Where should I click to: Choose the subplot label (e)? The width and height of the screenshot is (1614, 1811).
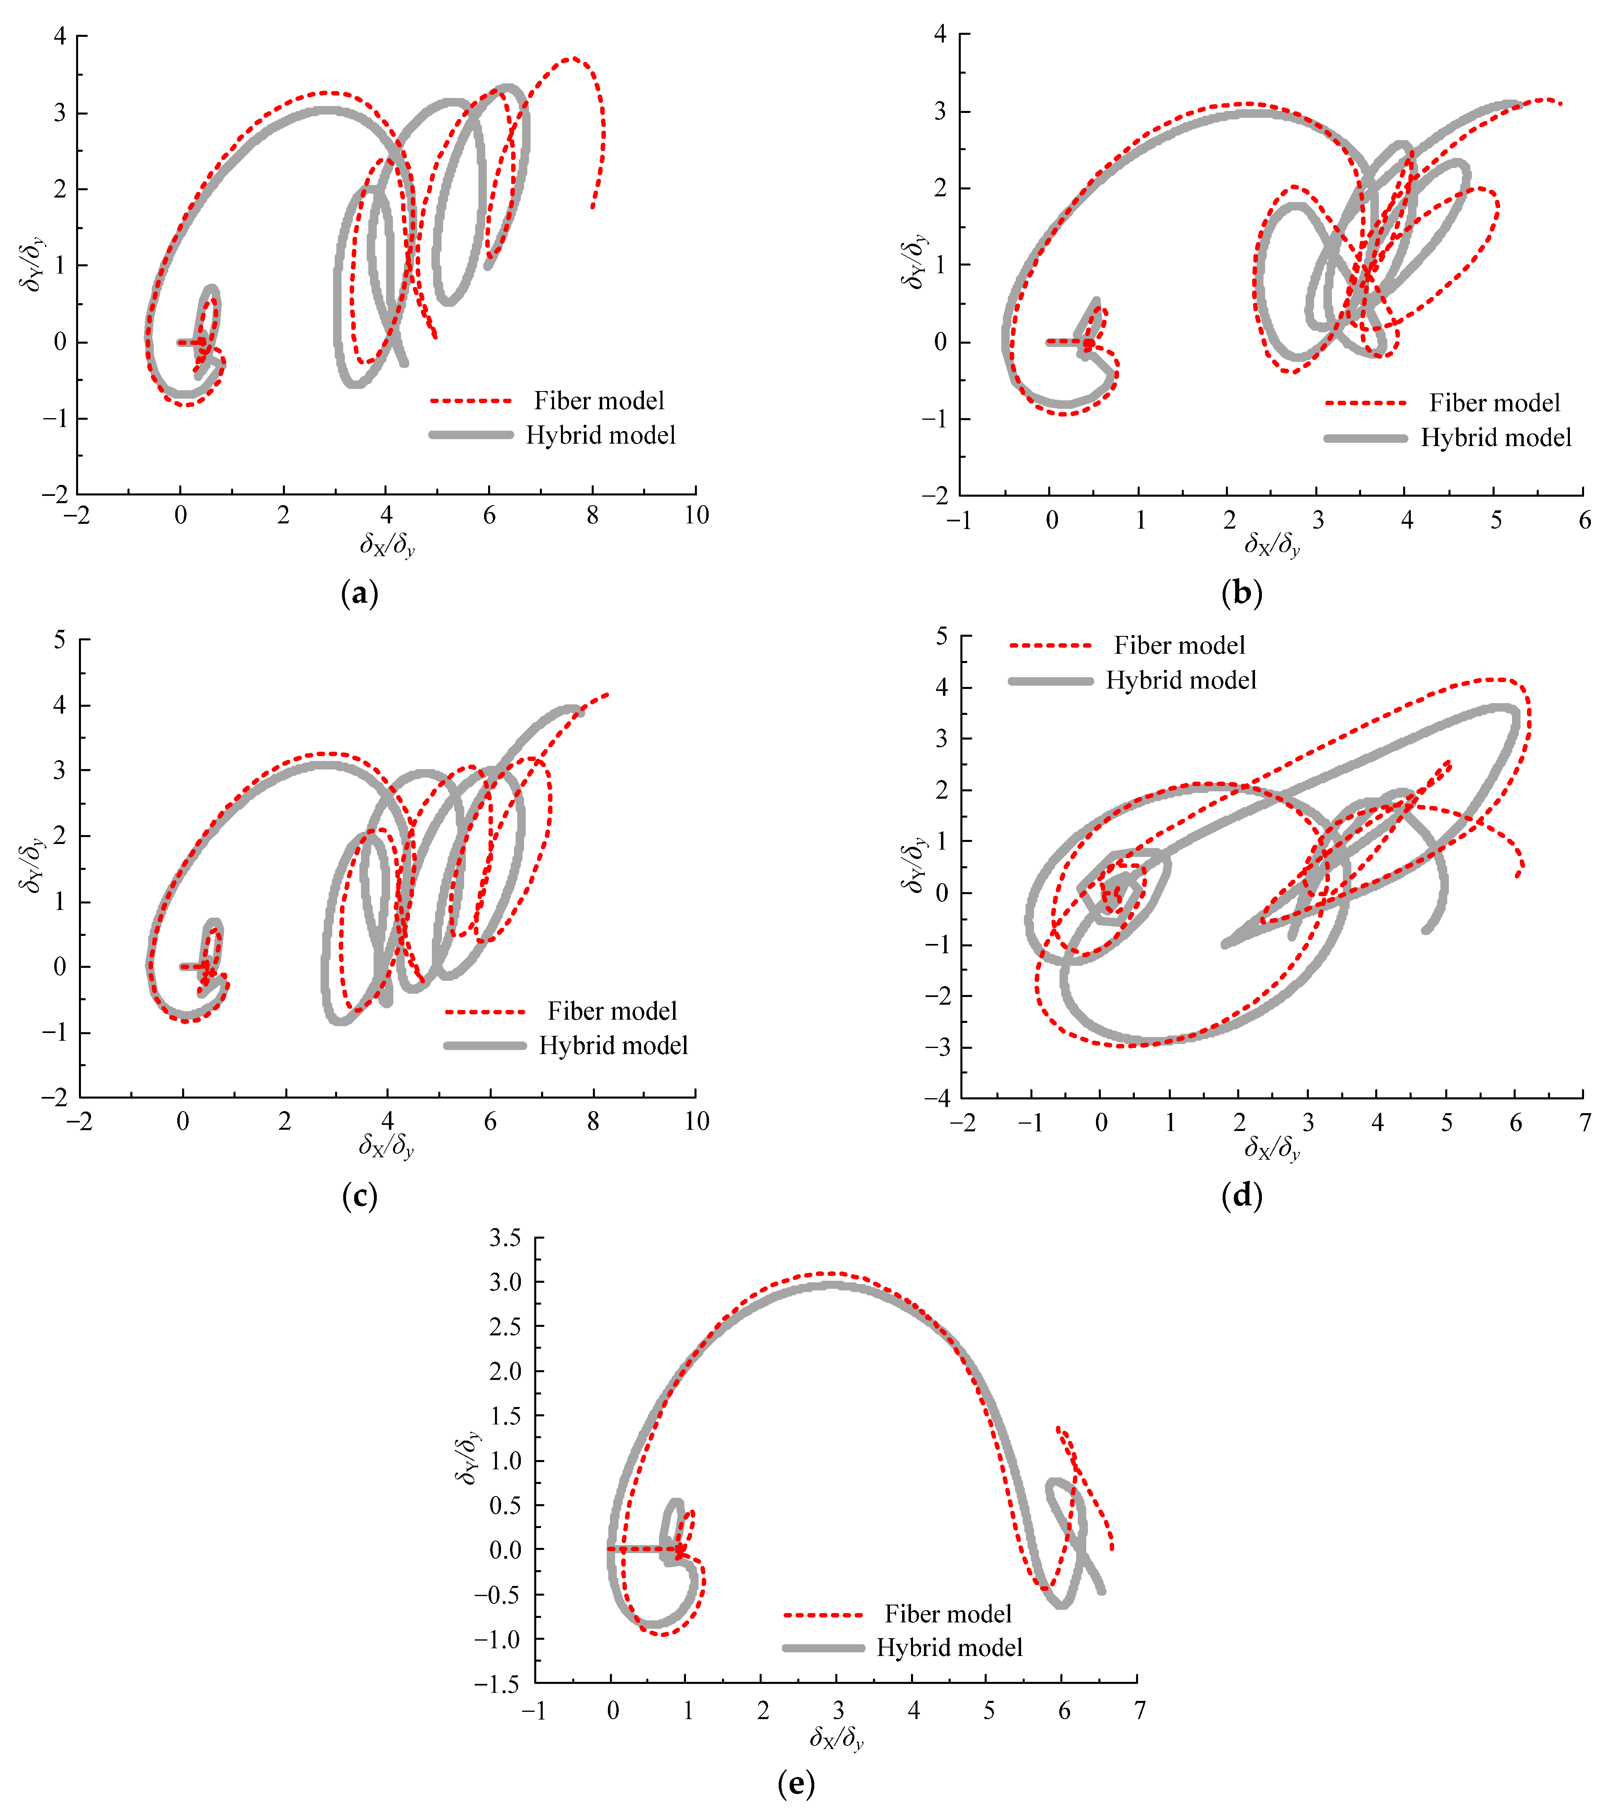pos(796,1783)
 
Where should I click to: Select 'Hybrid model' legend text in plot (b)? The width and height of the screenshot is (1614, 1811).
pos(1496,438)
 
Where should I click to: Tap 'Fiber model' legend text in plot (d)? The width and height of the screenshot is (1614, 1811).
pos(1179,646)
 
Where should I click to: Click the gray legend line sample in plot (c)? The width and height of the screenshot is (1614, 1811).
pos(485,1046)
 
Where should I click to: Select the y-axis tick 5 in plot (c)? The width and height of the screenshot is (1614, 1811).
pos(59,640)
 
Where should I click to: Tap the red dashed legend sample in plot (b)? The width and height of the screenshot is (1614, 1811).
pos(1366,404)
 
